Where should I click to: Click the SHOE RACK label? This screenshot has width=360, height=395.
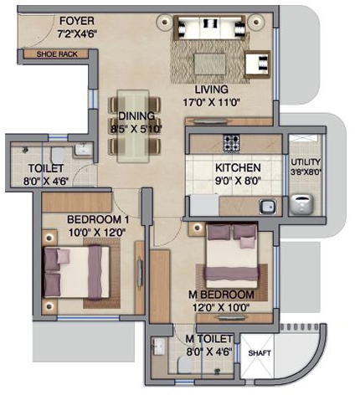pos(57,54)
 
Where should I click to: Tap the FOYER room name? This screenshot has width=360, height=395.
pos(77,21)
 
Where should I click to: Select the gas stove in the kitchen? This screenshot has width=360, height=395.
pos(232,143)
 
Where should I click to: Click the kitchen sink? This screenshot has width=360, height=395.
pos(268,207)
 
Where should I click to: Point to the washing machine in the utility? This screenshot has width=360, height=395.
pos(301,205)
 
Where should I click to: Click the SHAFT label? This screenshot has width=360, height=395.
pos(260,353)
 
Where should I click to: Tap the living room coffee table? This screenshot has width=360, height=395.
pos(209,64)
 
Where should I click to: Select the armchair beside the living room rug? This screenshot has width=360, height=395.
pos(257,64)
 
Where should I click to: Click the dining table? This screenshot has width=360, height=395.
pos(133,126)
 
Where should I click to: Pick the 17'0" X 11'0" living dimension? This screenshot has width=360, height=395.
pos(212,102)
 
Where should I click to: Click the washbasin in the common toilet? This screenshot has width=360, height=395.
pos(84,149)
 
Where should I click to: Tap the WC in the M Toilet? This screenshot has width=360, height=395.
pos(184,365)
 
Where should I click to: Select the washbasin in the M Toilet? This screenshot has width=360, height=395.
pos(159,346)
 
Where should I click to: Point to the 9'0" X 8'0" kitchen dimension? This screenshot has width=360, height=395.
pos(238,181)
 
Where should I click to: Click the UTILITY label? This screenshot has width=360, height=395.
pos(306,162)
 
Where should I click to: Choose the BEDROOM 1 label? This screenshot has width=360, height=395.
pos(98,220)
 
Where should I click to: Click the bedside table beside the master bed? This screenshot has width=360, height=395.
pos(198,228)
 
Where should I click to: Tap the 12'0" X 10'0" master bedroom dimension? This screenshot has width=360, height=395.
pos(221,308)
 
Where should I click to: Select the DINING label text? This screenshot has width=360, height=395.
pos(136,115)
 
